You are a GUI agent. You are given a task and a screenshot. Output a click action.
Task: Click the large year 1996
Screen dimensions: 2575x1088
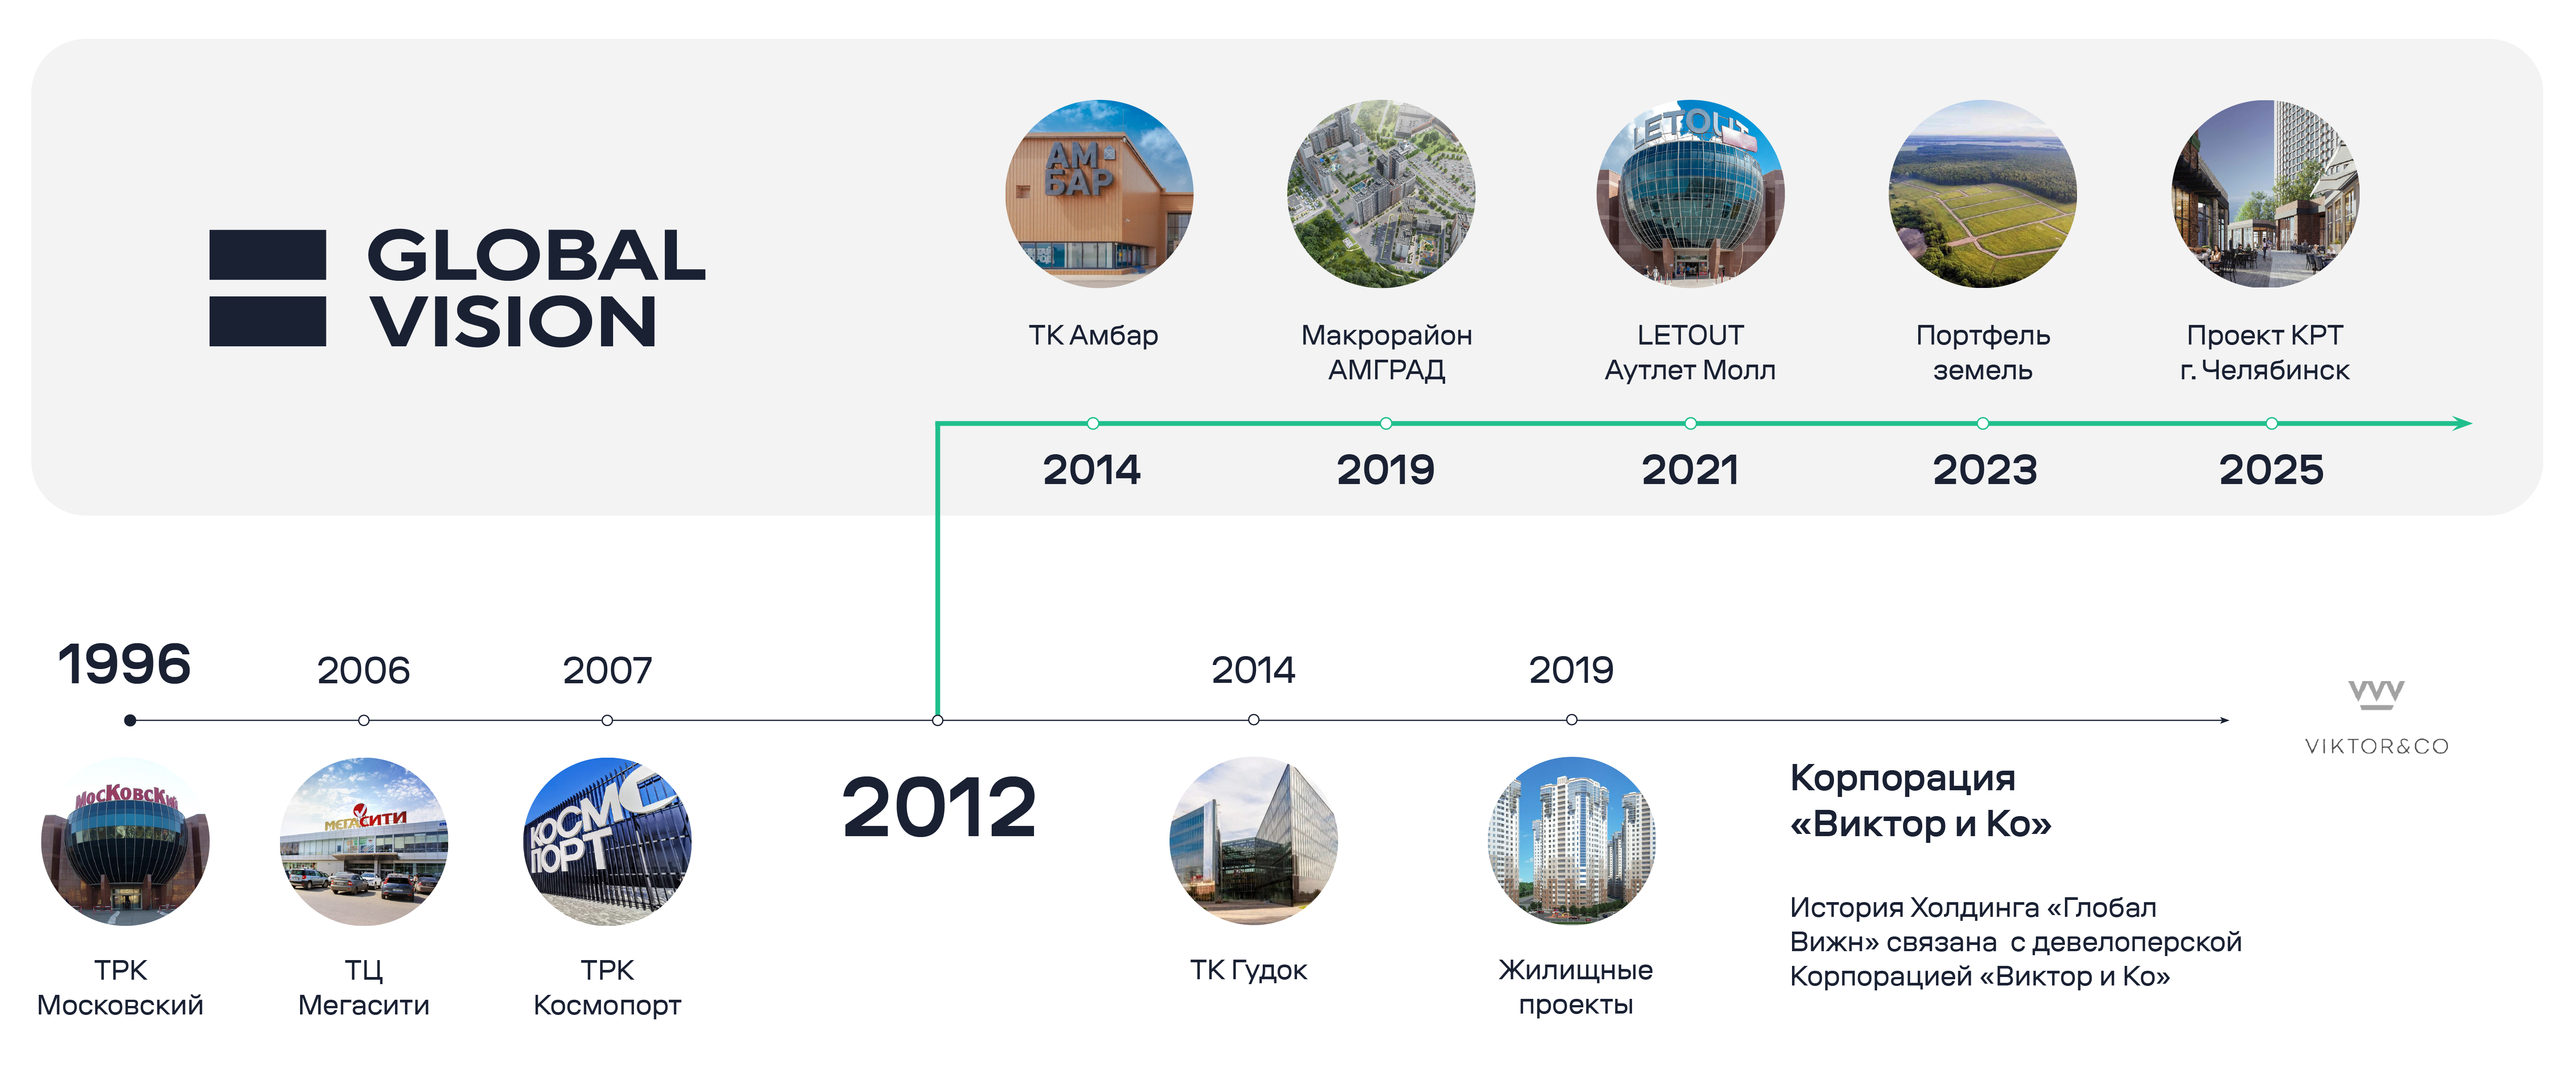tap(124, 665)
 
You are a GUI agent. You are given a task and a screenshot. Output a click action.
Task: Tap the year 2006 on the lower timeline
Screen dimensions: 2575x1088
tap(364, 670)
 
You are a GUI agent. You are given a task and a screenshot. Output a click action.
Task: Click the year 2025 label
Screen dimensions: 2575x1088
tap(2271, 470)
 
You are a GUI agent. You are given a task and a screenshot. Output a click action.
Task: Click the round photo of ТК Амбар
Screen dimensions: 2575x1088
tap(1099, 194)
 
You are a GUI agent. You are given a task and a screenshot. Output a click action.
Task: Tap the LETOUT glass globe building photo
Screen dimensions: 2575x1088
tap(1690, 194)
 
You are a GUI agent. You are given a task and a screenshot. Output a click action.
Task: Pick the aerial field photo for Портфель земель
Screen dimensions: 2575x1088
tap(1982, 194)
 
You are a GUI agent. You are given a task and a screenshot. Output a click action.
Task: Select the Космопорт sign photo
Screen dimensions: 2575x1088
tap(608, 841)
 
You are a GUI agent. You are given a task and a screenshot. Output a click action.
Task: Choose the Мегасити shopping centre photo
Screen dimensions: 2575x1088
tap(364, 841)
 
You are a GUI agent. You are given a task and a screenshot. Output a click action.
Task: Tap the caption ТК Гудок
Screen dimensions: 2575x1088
tap(1248, 970)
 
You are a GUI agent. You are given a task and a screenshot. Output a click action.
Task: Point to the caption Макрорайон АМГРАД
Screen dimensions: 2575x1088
tap(1386, 353)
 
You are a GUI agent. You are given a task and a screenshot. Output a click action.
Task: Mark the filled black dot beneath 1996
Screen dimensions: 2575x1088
tap(130, 720)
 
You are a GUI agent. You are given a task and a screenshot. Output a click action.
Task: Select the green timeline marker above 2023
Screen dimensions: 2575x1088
tap(1982, 423)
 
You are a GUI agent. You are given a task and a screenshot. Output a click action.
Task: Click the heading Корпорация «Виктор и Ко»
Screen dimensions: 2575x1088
tap(1920, 800)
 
